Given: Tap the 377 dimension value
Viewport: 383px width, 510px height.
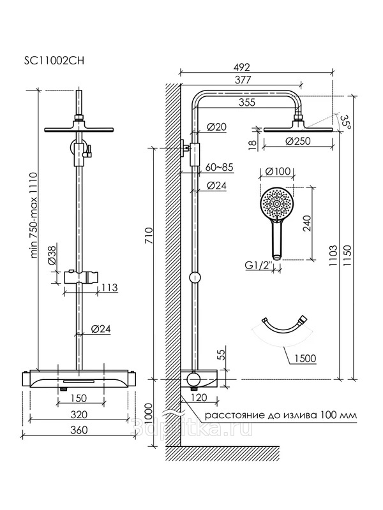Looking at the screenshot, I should pos(242,80).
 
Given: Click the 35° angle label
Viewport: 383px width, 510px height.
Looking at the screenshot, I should pos(346,121).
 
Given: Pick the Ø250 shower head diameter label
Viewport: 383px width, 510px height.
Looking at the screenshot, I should pos(299,142).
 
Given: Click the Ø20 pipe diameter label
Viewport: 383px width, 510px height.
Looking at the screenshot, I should pos(218,127).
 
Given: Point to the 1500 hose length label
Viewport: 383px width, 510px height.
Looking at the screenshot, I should pos(305,358).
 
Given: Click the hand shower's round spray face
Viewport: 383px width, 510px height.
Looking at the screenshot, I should pos(278,204).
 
